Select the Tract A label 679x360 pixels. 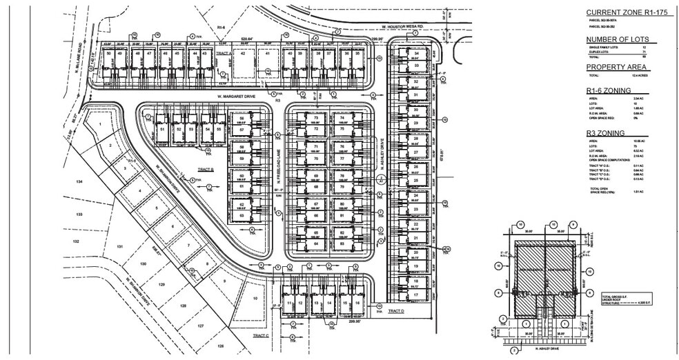click(x=221, y=52)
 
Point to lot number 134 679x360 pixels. click(x=79, y=181)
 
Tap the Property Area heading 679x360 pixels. click(x=616, y=66)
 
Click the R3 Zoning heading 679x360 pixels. click(x=606, y=132)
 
